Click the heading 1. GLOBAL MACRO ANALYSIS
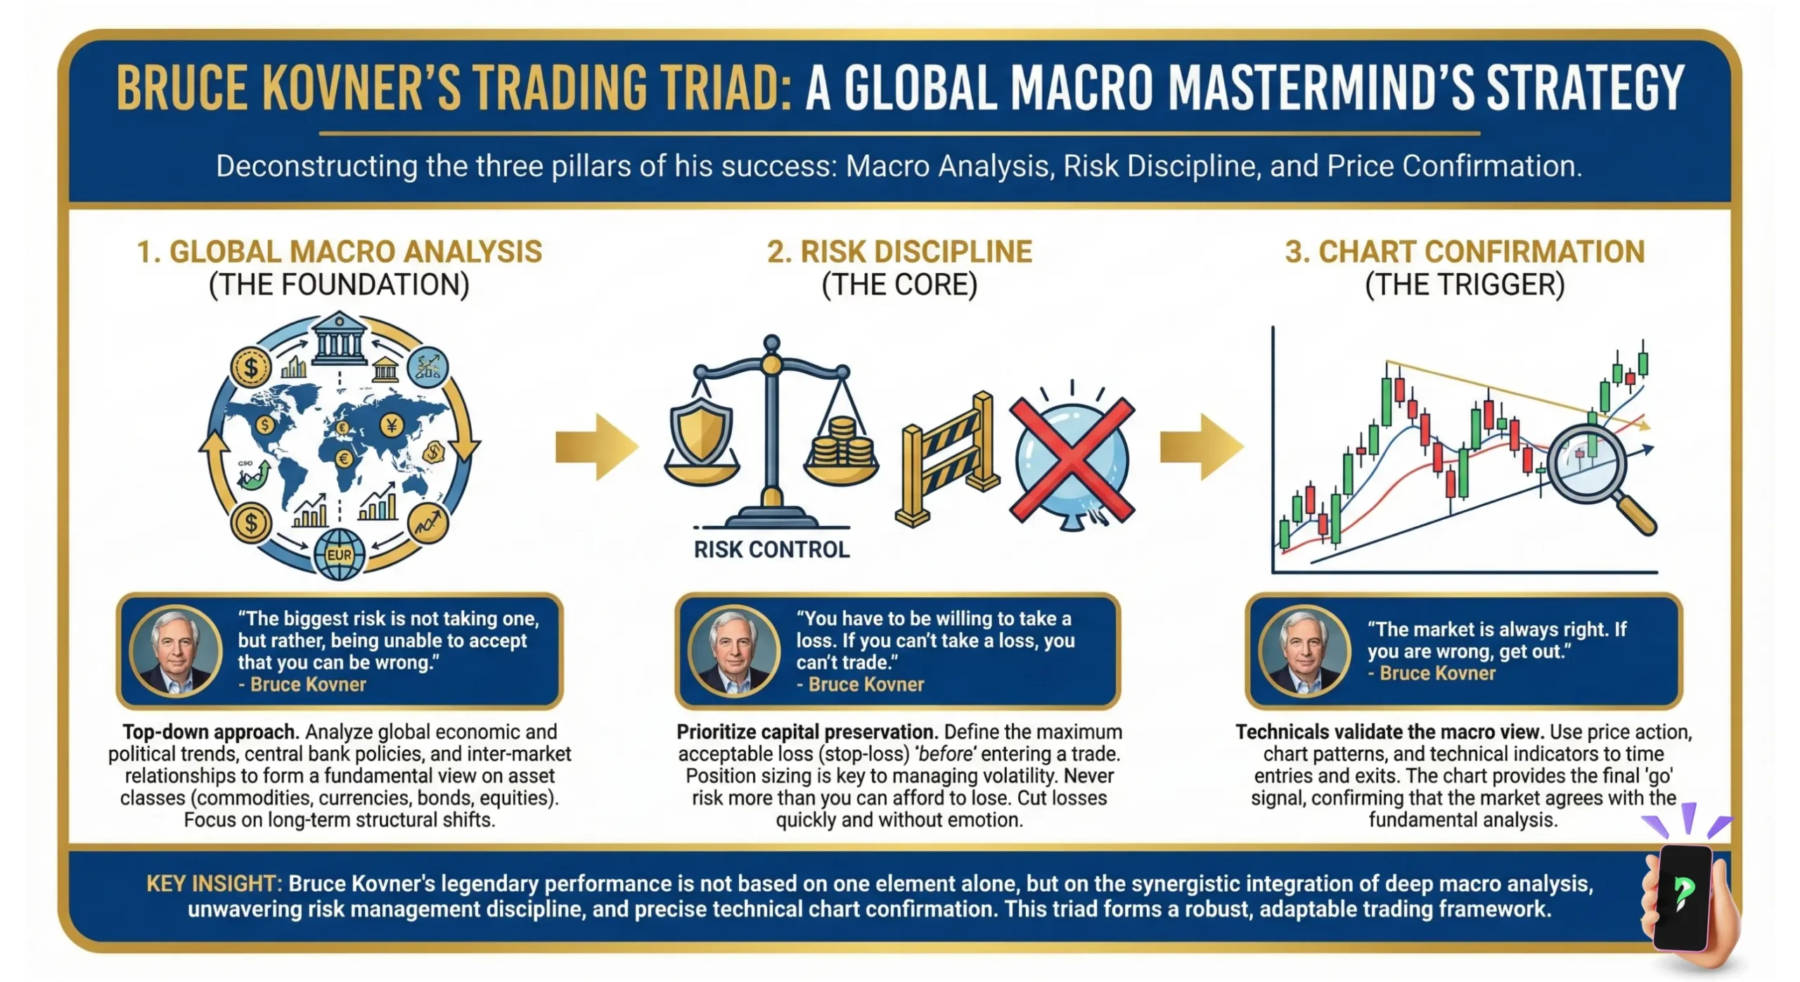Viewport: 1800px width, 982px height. (340, 252)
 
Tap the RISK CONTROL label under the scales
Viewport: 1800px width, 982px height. (771, 549)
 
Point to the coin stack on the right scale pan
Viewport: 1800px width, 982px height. (841, 443)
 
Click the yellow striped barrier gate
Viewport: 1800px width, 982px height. (947, 461)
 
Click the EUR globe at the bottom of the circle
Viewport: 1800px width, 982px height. (340, 554)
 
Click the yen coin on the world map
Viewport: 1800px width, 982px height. (392, 425)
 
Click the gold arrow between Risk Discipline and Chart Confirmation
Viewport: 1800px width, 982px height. (1201, 447)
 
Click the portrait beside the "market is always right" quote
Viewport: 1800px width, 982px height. (1304, 651)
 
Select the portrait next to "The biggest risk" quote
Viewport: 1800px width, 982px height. (176, 651)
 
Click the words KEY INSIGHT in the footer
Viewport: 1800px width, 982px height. (214, 884)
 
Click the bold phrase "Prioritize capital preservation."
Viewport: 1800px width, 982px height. (807, 732)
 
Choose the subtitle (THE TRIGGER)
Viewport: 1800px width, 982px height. (1465, 285)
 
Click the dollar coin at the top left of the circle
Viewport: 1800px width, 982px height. (250, 367)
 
